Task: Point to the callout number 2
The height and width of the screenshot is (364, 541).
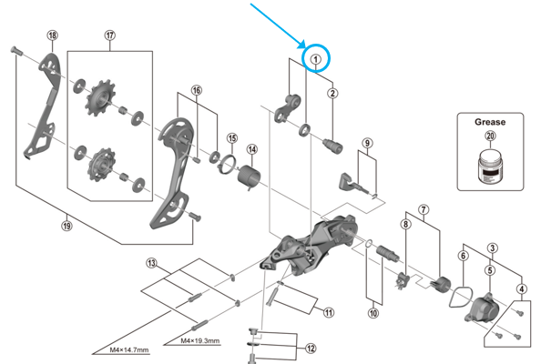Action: point(333,93)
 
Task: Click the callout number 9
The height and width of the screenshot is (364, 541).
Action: point(366,143)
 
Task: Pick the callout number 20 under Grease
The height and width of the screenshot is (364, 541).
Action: point(490,136)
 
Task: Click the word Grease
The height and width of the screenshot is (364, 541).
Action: point(490,119)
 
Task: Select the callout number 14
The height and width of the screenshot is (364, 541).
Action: point(251,149)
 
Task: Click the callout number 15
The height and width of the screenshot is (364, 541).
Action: point(232,138)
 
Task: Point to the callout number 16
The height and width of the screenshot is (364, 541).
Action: point(197,91)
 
